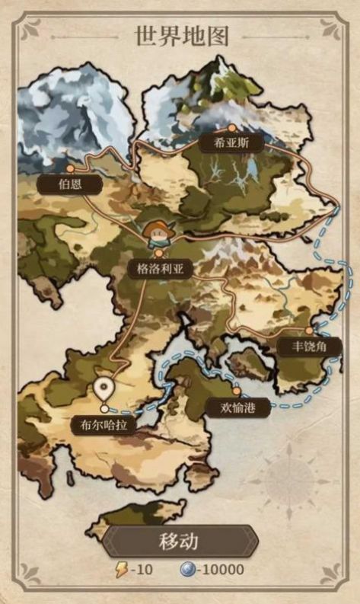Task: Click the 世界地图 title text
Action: tap(181, 36)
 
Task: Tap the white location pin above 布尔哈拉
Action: tap(104, 390)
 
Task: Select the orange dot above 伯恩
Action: tap(70, 168)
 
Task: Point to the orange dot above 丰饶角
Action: tap(308, 331)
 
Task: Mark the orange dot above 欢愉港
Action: tap(236, 391)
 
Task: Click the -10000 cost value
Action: tap(221, 570)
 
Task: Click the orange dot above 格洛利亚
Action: tap(158, 254)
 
